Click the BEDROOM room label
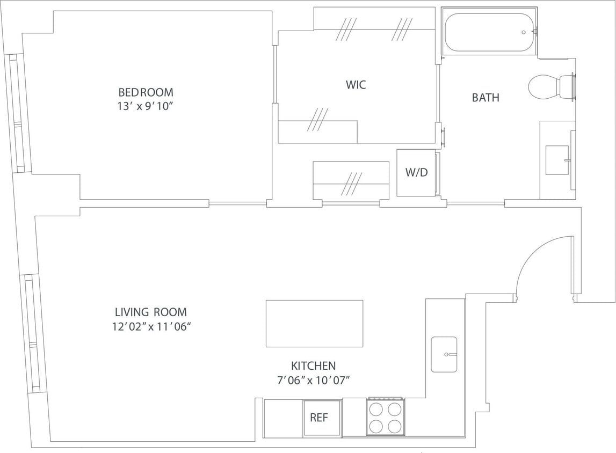pyautogui.click(x=146, y=92)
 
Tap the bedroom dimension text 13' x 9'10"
pyautogui.click(x=146, y=106)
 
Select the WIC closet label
pyautogui.click(x=356, y=85)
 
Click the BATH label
pyautogui.click(x=485, y=98)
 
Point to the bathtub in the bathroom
pyautogui.click(x=489, y=33)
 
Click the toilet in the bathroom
pyautogui.click(x=550, y=87)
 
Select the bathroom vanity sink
pyautogui.click(x=557, y=160)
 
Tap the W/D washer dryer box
pyautogui.click(x=417, y=173)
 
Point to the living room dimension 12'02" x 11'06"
pyautogui.click(x=151, y=327)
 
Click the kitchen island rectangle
pyautogui.click(x=314, y=323)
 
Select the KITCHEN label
pyautogui.click(x=313, y=366)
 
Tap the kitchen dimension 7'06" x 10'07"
pyautogui.click(x=313, y=381)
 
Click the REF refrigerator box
pyautogui.click(x=321, y=418)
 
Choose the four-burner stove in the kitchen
pyautogui.click(x=386, y=417)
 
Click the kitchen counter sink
pyautogui.click(x=444, y=354)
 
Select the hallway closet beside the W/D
pyautogui.click(x=351, y=180)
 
